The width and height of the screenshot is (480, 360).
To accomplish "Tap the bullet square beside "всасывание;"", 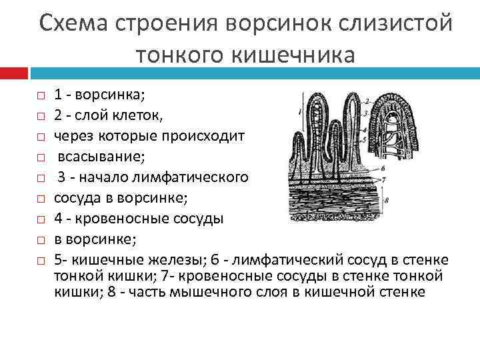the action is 41,158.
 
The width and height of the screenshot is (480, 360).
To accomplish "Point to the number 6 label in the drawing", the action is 382,169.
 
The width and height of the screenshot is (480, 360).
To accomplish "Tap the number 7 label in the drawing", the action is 383,181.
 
